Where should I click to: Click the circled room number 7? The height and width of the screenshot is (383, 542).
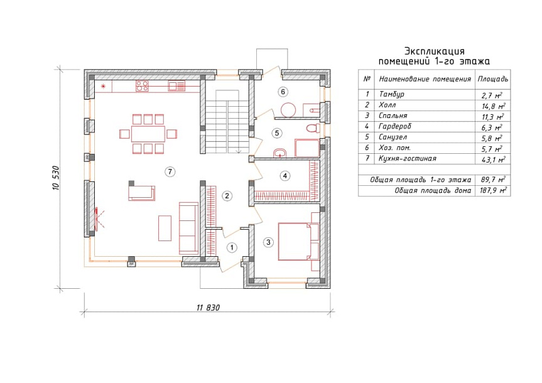pos(170,171)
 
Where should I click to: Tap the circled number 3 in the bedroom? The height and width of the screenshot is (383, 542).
pos(269,242)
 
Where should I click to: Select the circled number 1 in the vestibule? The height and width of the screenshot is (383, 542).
pos(232,247)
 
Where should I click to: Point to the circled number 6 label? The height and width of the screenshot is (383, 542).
pos(283,92)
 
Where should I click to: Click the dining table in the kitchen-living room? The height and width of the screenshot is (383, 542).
pos(148,134)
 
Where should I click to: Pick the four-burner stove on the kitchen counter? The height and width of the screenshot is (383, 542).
pos(142,86)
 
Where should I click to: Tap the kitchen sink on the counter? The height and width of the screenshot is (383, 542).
pos(176,86)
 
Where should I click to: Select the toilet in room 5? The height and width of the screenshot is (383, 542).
pos(313,128)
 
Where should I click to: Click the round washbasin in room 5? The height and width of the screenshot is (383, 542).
pos(279,153)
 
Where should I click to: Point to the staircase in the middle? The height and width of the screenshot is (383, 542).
pos(227,122)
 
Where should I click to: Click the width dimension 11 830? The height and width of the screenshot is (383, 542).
pos(208,307)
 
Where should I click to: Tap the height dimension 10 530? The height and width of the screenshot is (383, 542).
pos(56,178)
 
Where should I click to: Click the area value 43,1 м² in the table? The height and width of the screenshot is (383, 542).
pos(493,159)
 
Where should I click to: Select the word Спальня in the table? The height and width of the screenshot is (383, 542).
pos(393,116)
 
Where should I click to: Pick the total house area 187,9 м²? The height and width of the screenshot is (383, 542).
pos(493,190)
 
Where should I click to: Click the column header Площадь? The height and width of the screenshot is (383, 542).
pos(493,79)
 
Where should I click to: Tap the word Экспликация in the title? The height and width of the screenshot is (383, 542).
pos(434,51)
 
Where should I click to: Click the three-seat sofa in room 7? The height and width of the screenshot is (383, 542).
pos(188,228)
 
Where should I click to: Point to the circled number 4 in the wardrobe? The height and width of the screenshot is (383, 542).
pos(285,176)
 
